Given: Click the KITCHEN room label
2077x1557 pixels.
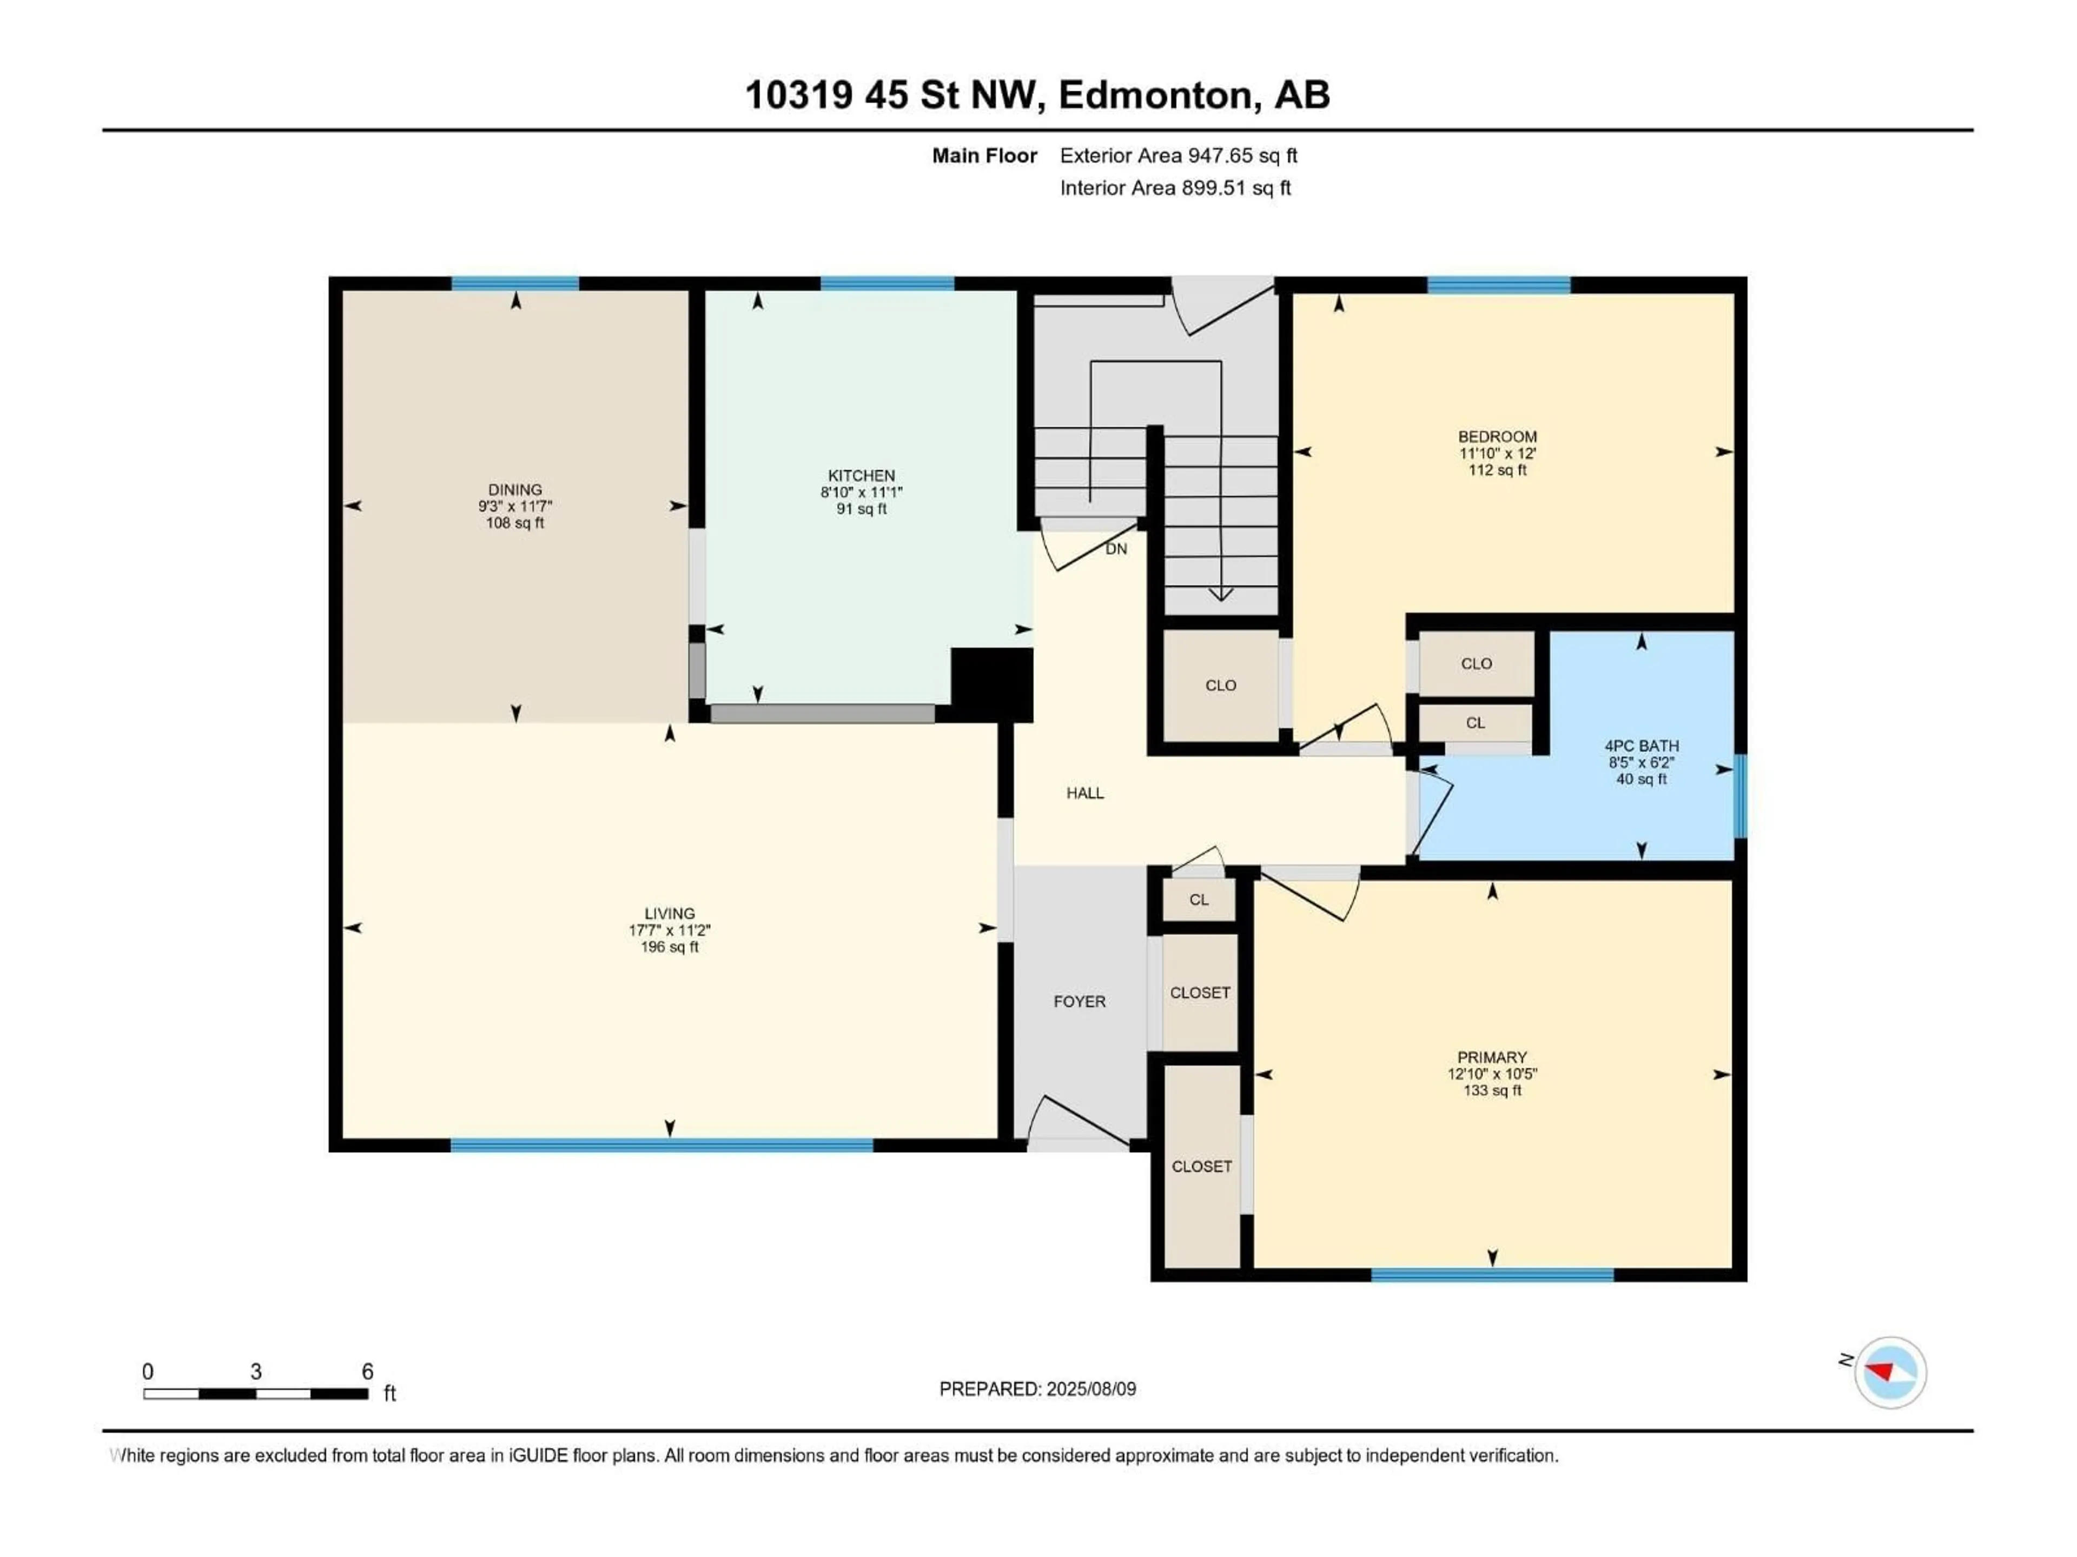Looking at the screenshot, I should (861, 476).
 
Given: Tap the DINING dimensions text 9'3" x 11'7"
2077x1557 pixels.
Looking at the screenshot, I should (514, 506).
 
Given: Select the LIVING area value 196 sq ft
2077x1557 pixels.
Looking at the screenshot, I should (670, 947).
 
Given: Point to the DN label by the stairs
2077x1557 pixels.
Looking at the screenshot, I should (1115, 549).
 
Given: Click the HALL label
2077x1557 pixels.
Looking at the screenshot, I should (1084, 793).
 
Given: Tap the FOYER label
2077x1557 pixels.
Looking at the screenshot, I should (1079, 1001).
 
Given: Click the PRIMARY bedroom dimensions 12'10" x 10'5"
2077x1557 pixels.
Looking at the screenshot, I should (1492, 1074).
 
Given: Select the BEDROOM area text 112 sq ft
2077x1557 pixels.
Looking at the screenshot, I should (1498, 470).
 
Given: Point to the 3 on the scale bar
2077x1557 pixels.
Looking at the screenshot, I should (255, 1371).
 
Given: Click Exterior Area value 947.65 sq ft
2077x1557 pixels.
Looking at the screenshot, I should (1242, 156).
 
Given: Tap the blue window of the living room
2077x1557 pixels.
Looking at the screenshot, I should (662, 1145).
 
